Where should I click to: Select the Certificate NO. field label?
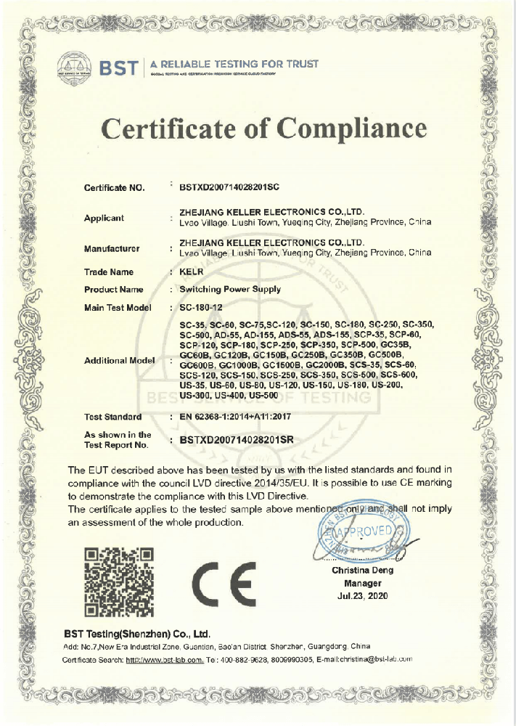[x=115, y=187]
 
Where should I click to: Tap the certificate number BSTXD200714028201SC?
[x=229, y=187]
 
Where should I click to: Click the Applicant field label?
[x=104, y=218]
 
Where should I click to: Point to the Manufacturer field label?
[x=112, y=248]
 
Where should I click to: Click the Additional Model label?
[x=120, y=361]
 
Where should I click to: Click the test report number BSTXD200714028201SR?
[x=239, y=439]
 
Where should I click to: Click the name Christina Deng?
[x=363, y=571]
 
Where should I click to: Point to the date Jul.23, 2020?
[x=363, y=595]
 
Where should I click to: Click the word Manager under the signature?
[x=363, y=583]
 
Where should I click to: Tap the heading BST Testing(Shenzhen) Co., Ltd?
[x=136, y=633]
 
